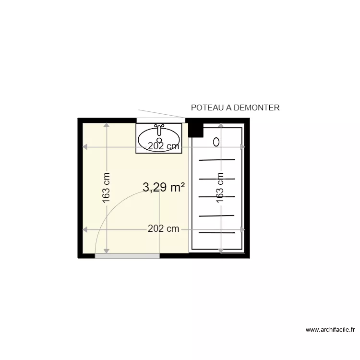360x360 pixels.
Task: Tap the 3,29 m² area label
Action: pos(164,188)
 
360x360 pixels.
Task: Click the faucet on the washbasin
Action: pos(159,128)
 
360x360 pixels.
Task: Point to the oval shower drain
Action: pos(216,142)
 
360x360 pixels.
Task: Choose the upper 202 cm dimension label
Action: pos(163,146)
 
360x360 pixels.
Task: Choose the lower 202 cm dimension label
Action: pos(163,229)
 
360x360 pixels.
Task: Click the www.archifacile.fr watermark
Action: pos(331,330)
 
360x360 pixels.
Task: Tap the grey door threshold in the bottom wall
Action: pos(127,256)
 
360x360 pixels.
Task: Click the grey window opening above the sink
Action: pos(160,120)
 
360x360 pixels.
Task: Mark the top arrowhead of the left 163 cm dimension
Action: pos(107,125)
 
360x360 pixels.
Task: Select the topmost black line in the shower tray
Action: pos(217,159)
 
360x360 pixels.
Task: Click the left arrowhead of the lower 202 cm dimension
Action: pos(85,229)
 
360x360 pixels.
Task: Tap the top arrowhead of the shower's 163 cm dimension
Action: pos(220,125)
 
